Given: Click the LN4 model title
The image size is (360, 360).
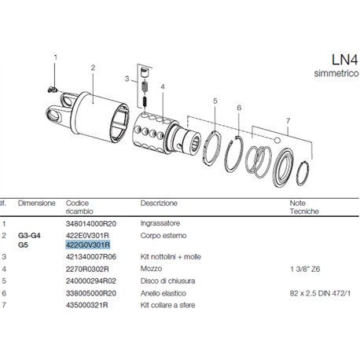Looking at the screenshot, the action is (x=344, y=60).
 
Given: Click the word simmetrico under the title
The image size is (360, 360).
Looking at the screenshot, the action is (x=336, y=73).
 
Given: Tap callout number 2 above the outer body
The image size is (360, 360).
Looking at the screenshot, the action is (x=93, y=68).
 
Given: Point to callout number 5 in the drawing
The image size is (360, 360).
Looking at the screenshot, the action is (x=215, y=101).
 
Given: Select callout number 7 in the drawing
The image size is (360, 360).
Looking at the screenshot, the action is (x=288, y=121).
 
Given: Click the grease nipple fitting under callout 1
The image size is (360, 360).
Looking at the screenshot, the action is (x=53, y=90).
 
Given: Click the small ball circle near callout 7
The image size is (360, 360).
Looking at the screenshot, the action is (x=277, y=141).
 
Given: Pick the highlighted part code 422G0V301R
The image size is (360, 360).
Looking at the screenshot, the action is (x=88, y=245).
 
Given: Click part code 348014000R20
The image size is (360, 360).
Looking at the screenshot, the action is (x=91, y=224).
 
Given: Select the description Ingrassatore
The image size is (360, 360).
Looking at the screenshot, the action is (x=160, y=223).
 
